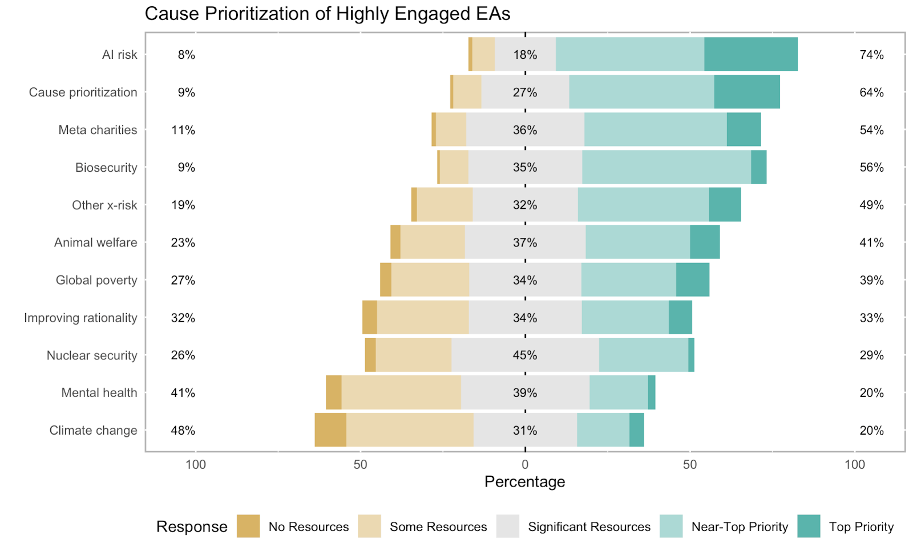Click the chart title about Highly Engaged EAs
pos(328,14)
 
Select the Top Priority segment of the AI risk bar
pos(750,54)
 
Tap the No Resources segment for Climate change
pos(330,430)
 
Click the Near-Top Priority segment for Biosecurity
pos(666,167)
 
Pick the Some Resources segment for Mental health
pos(401,392)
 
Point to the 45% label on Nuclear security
pos(524,355)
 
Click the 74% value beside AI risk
pos(871,55)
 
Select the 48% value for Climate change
pos(183,430)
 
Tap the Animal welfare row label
pos(95,242)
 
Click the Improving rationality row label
pos(80,318)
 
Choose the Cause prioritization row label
pos(83,92)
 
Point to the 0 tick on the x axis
pos(525,464)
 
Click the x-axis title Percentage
pos(524,481)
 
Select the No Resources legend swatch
pos(248,526)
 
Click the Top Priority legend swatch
pos(809,526)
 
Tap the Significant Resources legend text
pos(589,526)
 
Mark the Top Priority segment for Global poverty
pos(693,279)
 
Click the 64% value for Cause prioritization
pos(871,92)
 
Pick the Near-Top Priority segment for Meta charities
pos(655,129)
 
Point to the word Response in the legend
pos(192,526)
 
